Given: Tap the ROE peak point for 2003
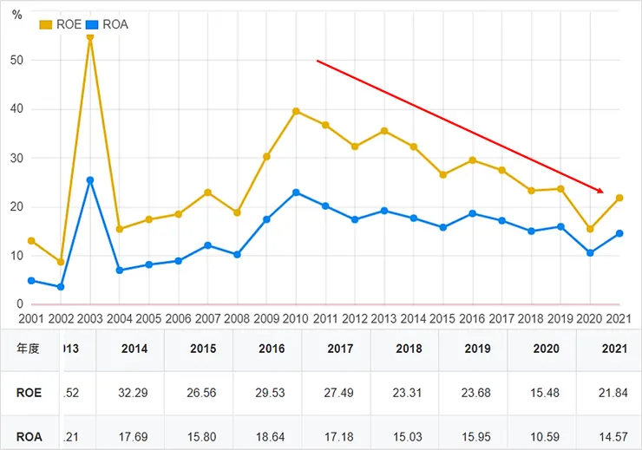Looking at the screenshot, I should click(90, 37).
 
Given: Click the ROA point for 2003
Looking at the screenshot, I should click(90, 180).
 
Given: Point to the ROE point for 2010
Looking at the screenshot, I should click(296, 111).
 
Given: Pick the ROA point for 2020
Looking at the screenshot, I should click(590, 253).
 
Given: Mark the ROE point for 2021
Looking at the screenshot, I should click(619, 198).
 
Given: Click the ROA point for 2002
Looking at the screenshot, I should click(61, 287).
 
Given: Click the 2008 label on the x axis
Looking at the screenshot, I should click(238, 319).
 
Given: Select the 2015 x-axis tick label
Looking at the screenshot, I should click(442, 319).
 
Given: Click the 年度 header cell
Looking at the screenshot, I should click(29, 349).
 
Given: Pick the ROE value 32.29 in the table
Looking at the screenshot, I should click(134, 393).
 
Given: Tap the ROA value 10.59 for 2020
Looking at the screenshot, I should click(546, 436).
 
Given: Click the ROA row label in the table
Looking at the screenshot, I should click(29, 436).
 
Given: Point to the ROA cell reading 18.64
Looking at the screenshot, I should click(272, 436).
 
